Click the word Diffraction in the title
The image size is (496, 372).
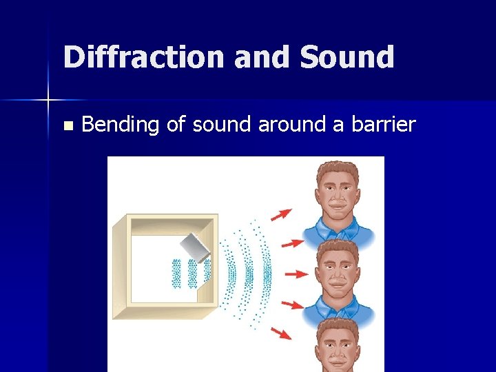point(143,57)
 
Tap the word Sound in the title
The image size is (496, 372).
point(347,57)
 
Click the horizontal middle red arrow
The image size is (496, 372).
point(296,273)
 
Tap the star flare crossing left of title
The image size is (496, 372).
point(48,101)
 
